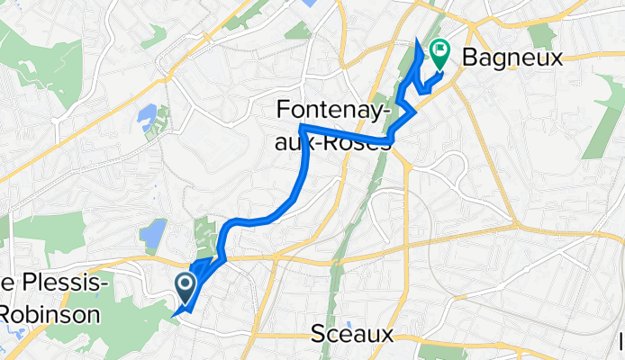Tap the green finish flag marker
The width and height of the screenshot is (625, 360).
[x=440, y=54]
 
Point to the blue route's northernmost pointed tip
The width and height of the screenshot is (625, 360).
[x=417, y=40]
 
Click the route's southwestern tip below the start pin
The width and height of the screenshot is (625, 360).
[x=173, y=315]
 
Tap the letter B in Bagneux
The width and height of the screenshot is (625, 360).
[x=470, y=58]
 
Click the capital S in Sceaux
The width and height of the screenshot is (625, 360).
[x=317, y=335]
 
